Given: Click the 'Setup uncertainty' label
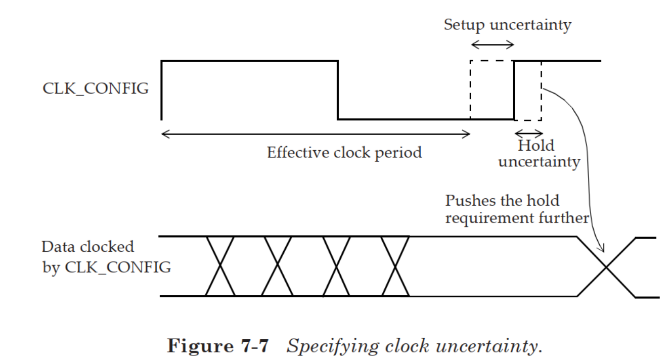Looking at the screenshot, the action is (507, 25).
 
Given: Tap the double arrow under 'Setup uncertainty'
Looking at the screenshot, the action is (492, 45).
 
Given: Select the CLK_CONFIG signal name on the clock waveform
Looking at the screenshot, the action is (96, 88).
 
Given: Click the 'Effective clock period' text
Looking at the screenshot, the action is (344, 152).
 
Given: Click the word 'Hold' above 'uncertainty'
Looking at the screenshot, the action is (536, 146).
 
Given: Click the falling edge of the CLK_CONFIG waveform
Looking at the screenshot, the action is (338, 90).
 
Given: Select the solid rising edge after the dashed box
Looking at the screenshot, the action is (514, 90).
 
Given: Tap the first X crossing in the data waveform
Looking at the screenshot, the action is (220, 266).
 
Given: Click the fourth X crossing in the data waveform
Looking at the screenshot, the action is (395, 266).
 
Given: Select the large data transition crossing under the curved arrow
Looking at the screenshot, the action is (606, 266).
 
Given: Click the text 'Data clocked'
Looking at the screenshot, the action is (88, 247).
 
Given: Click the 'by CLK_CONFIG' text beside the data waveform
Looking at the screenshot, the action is (106, 266).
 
